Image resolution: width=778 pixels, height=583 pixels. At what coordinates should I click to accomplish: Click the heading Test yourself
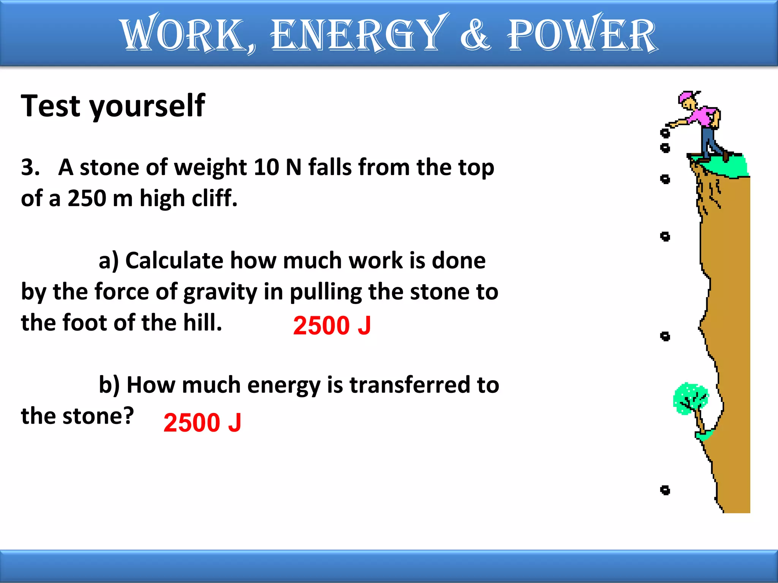click(113, 106)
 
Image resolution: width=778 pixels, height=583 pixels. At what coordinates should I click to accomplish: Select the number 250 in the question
click(87, 198)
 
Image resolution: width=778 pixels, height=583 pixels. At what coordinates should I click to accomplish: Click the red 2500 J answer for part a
click(332, 326)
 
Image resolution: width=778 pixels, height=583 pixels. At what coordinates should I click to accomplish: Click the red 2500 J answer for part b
click(202, 423)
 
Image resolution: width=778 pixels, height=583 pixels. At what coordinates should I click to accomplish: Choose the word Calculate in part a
click(174, 261)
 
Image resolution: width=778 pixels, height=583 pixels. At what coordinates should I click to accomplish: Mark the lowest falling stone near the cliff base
click(665, 490)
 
